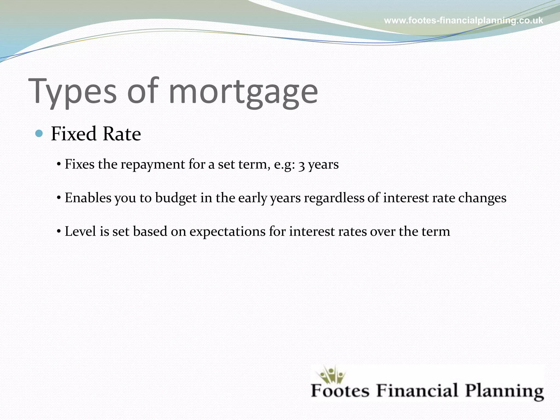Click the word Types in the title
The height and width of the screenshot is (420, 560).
tap(72, 92)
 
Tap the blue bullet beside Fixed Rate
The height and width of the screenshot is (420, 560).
tap(39, 133)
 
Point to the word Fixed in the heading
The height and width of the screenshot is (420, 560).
tap(74, 134)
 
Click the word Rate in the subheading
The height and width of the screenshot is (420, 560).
tap(122, 134)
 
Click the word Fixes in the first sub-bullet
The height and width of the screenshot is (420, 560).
tap(80, 164)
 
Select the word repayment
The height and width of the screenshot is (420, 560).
tap(153, 165)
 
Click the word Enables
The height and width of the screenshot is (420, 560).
tap(88, 198)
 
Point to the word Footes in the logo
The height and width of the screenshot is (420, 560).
tap(340, 390)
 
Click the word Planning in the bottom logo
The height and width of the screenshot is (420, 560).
tap(504, 391)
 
